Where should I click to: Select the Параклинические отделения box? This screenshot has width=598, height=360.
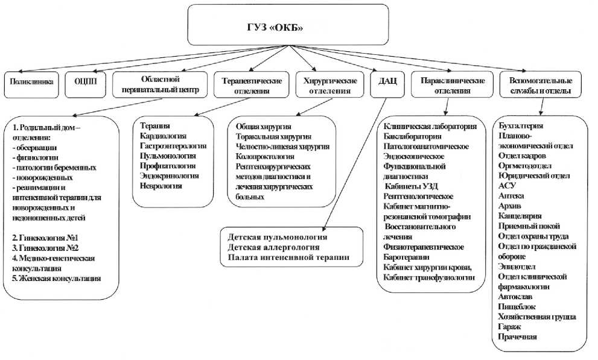tap(450, 85)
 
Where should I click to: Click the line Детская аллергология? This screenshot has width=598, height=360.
tap(273, 247)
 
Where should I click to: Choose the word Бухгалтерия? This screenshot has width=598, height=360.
tap(521, 125)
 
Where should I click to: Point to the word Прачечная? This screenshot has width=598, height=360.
tap(518, 336)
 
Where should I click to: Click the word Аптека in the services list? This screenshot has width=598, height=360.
tap(512, 196)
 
